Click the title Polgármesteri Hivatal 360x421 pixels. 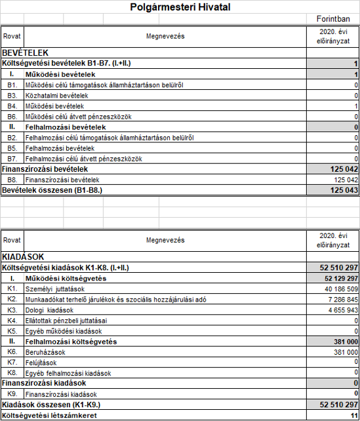(x=180, y=7)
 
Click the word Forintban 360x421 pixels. (x=333, y=20)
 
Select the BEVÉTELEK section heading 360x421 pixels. (x=26, y=52)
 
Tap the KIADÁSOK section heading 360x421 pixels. (x=22, y=258)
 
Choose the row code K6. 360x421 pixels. (x=12, y=351)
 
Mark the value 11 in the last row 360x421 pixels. (x=353, y=415)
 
